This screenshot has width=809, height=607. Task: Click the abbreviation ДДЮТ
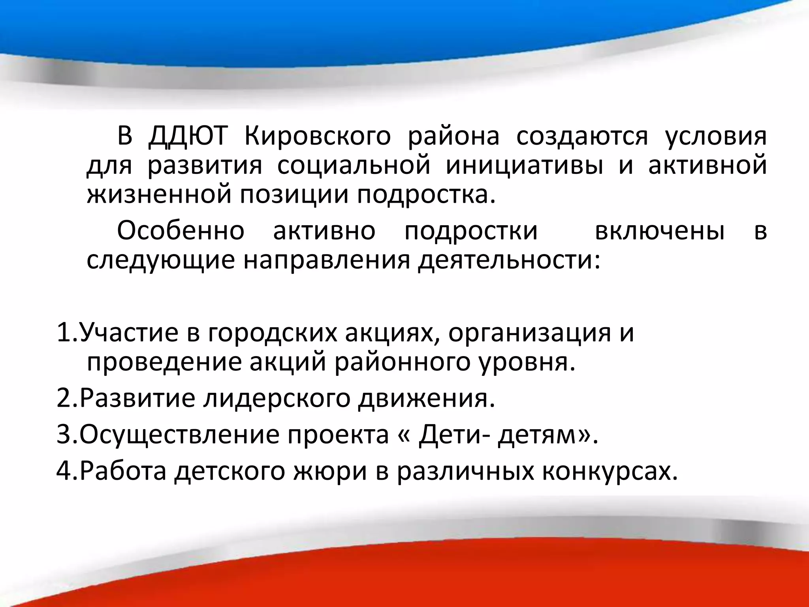point(188,136)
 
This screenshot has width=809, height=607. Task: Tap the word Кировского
point(317,137)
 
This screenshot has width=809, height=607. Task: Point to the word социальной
point(354,166)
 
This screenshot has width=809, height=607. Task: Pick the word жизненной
point(159,195)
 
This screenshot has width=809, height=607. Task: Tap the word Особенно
point(181,231)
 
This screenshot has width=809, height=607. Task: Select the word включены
point(660,231)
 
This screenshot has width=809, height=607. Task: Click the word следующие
point(161,261)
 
